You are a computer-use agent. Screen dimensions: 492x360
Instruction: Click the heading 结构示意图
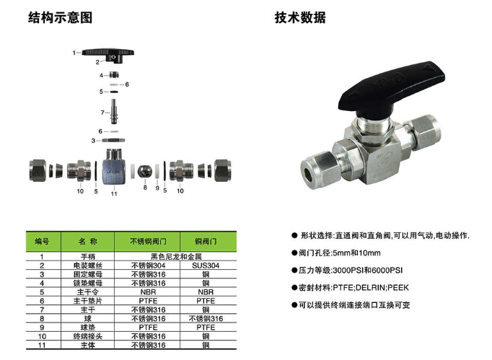point(61,17)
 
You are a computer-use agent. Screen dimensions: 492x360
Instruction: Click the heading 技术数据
point(300,17)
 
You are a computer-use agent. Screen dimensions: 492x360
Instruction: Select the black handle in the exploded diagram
point(108,53)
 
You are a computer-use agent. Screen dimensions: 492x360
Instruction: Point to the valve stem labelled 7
point(113,111)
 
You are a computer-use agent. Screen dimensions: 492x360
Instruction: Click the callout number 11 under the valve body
point(114,193)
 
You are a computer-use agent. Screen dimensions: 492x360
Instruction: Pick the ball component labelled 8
point(145,171)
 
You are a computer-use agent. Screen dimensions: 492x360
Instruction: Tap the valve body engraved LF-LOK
point(113,168)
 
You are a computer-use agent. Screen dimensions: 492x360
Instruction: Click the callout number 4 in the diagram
point(101,75)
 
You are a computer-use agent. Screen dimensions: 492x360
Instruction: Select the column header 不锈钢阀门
point(148,242)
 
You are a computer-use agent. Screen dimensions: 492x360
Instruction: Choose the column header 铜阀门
point(206,242)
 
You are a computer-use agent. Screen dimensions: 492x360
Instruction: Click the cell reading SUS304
point(206,265)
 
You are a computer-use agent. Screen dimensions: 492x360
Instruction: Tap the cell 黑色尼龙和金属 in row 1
point(176,257)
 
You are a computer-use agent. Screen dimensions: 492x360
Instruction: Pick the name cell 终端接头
point(88,336)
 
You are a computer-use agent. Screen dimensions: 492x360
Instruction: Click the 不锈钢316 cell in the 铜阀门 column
point(206,319)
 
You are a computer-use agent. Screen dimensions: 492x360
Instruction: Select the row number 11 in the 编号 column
point(42,346)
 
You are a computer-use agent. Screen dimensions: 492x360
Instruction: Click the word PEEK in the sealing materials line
point(398,288)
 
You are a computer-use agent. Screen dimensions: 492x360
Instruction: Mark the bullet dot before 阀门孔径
point(294,253)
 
